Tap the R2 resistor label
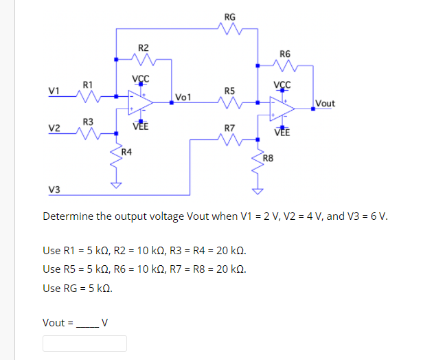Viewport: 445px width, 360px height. [143, 48]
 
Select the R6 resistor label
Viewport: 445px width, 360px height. [285, 54]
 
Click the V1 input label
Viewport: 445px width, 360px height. [54, 91]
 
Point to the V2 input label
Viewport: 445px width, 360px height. [54, 128]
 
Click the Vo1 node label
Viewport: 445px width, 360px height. [183, 97]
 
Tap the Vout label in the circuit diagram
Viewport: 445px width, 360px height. [325, 104]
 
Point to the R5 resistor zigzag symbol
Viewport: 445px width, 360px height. [229, 103]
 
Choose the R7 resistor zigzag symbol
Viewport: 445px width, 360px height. [229, 141]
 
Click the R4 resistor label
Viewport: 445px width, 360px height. [127, 151]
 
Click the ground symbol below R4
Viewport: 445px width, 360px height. [116, 185]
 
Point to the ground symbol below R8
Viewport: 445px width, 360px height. [258, 191]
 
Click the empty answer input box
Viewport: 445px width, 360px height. [85, 343]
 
